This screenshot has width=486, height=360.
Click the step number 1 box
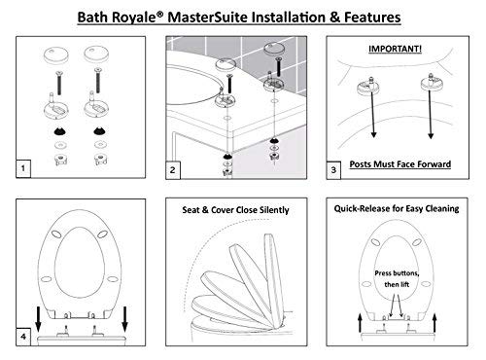pyautogui.click(x=23, y=168)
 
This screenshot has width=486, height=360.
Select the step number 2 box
pyautogui.click(x=173, y=169)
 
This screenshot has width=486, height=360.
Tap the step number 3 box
pyautogui.click(x=333, y=170)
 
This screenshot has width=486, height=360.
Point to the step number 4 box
pyautogui.click(x=23, y=337)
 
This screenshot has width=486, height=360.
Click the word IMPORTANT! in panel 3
pyautogui.click(x=395, y=49)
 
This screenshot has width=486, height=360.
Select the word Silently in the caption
pyautogui.click(x=274, y=210)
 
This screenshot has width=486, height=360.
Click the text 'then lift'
pyautogui.click(x=397, y=284)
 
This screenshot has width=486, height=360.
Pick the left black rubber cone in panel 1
pyautogui.click(x=59, y=131)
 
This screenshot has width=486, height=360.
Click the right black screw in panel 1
pyautogui.click(x=97, y=80)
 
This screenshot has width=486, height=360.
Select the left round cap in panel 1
pyautogui.click(x=56, y=54)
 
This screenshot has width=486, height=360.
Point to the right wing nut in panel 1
pyautogui.click(x=100, y=160)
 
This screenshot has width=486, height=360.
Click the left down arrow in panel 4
pyautogui.click(x=38, y=319)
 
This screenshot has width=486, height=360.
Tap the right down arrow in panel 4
pyautogui.click(x=124, y=319)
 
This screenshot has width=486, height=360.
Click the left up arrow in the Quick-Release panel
pyautogui.click(x=360, y=322)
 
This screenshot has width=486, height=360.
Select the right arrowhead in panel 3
pyautogui.click(x=431, y=135)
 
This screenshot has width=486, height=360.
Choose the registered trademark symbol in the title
pyautogui.click(x=160, y=14)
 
